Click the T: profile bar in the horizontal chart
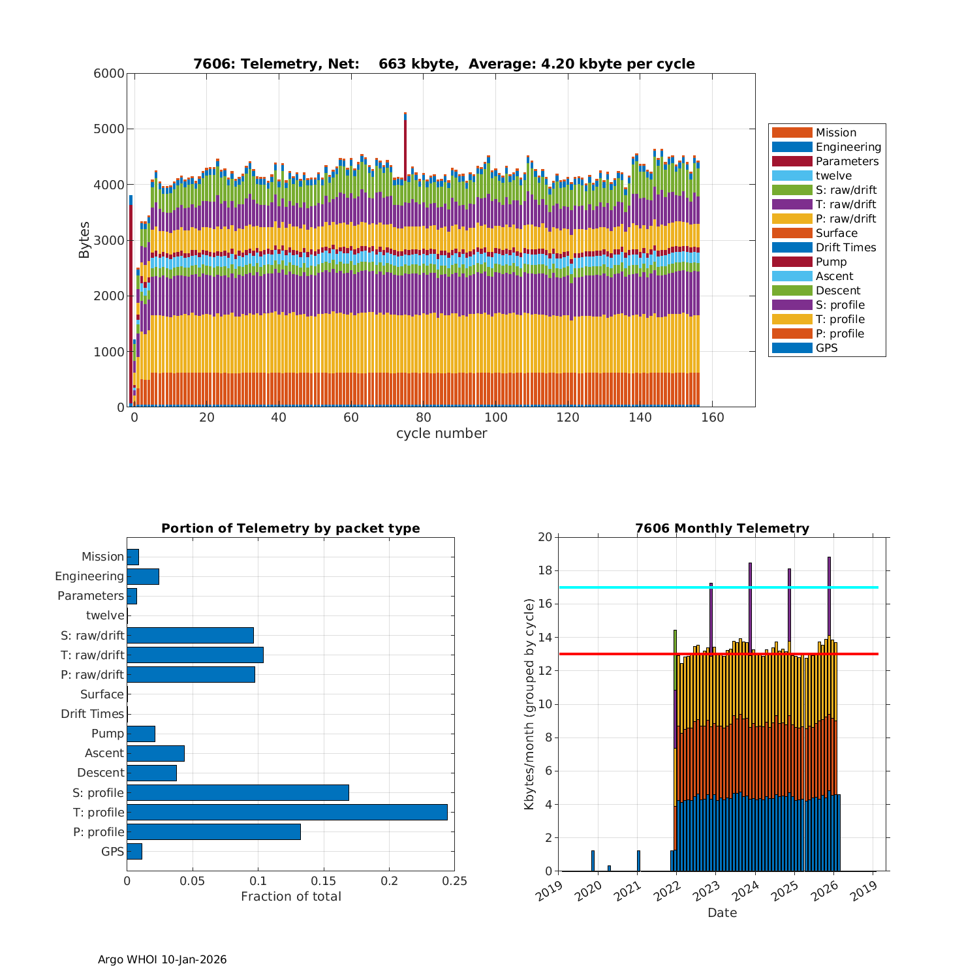[287, 812]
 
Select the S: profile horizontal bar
[238, 792]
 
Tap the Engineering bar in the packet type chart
[143, 576]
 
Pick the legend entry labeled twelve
[833, 176]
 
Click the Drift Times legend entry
[845, 247]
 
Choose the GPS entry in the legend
[826, 348]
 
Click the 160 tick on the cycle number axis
[712, 418]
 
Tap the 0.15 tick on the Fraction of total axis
[324, 881]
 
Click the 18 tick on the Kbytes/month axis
[544, 571]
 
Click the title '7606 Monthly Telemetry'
[722, 528]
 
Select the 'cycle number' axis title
[441, 433]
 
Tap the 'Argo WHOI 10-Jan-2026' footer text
[162, 959]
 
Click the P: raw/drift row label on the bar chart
[91, 674]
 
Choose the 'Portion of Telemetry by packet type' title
[290, 528]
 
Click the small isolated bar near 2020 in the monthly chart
[593, 860]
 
